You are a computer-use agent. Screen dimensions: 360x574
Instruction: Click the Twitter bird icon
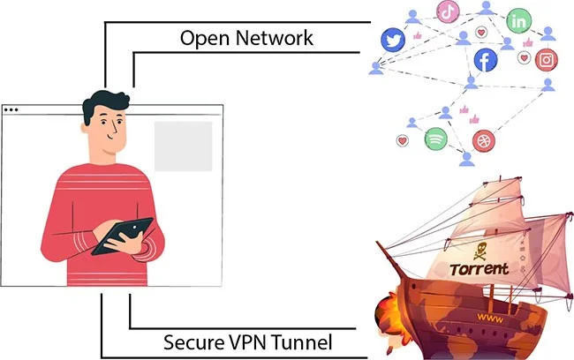pos(392,40)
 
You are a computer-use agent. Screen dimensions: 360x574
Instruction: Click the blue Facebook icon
pos(485,60)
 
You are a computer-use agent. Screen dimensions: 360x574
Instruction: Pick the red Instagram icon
pos(548,60)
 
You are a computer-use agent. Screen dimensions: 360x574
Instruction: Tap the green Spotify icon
pos(435,139)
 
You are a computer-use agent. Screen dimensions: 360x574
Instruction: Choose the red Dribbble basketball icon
pos(483,139)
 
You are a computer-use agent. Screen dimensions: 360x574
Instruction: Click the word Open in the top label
pos(205,38)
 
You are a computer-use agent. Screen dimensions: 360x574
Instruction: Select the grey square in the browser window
pos(183,146)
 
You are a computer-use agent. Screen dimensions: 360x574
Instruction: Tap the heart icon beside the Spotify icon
pos(404,140)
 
